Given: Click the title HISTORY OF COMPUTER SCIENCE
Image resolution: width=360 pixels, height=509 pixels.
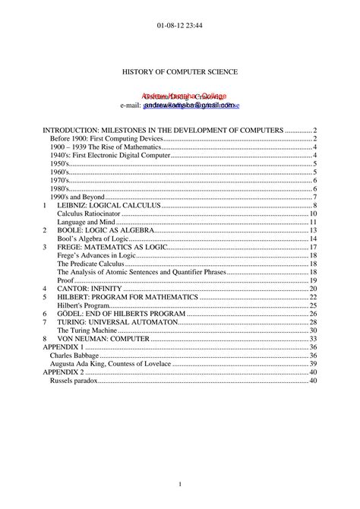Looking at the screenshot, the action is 180,71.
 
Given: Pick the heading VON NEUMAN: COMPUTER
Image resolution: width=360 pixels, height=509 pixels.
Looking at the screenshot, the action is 101,338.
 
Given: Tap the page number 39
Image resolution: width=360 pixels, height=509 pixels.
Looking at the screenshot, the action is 312,363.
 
